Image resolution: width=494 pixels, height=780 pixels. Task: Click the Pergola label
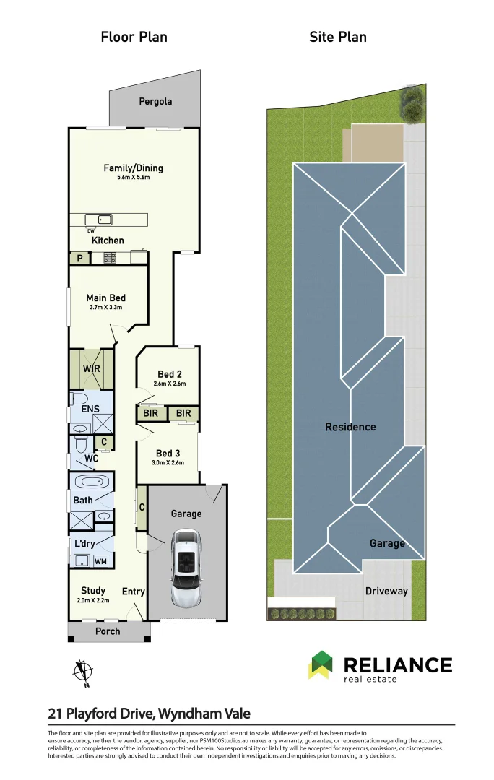pyautogui.click(x=155, y=102)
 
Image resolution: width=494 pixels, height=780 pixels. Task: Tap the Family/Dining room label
pyautogui.click(x=133, y=168)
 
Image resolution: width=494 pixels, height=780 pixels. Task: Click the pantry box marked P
pyautogui.click(x=79, y=258)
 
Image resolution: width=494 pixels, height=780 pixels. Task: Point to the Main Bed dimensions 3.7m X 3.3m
pyautogui.click(x=106, y=308)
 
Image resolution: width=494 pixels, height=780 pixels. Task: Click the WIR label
pyautogui.click(x=92, y=368)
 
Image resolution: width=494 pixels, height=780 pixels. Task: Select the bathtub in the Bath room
pyautogui.click(x=91, y=482)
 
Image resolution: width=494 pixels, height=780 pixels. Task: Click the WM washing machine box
pyautogui.click(x=100, y=560)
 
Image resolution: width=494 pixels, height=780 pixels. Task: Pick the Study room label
pyautogui.click(x=93, y=590)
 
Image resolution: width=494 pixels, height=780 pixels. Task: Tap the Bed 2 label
pyautogui.click(x=170, y=374)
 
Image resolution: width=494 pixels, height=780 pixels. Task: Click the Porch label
pyautogui.click(x=108, y=631)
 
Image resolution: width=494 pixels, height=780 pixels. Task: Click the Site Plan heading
pyautogui.click(x=338, y=37)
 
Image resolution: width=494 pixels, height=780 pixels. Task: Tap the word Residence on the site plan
pyautogui.click(x=350, y=427)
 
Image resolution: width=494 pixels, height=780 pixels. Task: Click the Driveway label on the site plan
pyautogui.click(x=386, y=591)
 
